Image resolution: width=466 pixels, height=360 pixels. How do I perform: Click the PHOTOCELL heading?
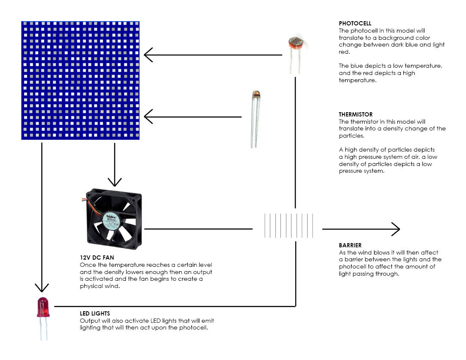(355, 24)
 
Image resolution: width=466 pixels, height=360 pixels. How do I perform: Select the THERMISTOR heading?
(356, 114)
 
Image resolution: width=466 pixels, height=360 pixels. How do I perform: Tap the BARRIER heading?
(350, 245)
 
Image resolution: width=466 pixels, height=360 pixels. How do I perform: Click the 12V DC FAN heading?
(97, 258)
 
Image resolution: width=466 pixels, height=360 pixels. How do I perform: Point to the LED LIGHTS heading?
(95, 313)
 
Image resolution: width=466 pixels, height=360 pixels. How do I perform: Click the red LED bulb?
(43, 307)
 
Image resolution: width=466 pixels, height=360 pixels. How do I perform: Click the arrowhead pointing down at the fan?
(114, 182)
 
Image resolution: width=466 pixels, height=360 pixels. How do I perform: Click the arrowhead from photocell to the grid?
(148, 55)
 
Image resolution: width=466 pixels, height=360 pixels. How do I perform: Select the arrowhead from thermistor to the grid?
(148, 116)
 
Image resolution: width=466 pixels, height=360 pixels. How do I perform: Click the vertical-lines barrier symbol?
(289, 226)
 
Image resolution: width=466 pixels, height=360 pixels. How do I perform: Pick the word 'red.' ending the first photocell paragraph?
(344, 52)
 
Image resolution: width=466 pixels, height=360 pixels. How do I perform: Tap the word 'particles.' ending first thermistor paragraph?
(351, 135)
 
